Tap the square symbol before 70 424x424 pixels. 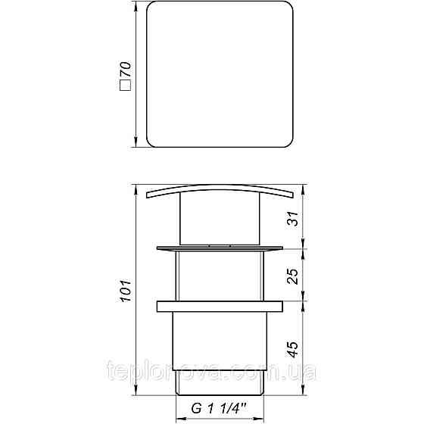[126, 92]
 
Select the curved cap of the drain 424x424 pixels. [220, 190]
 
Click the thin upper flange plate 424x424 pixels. [220, 248]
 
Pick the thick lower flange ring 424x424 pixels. [220, 306]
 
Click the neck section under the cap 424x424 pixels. [220, 220]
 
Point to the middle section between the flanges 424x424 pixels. [220, 276]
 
